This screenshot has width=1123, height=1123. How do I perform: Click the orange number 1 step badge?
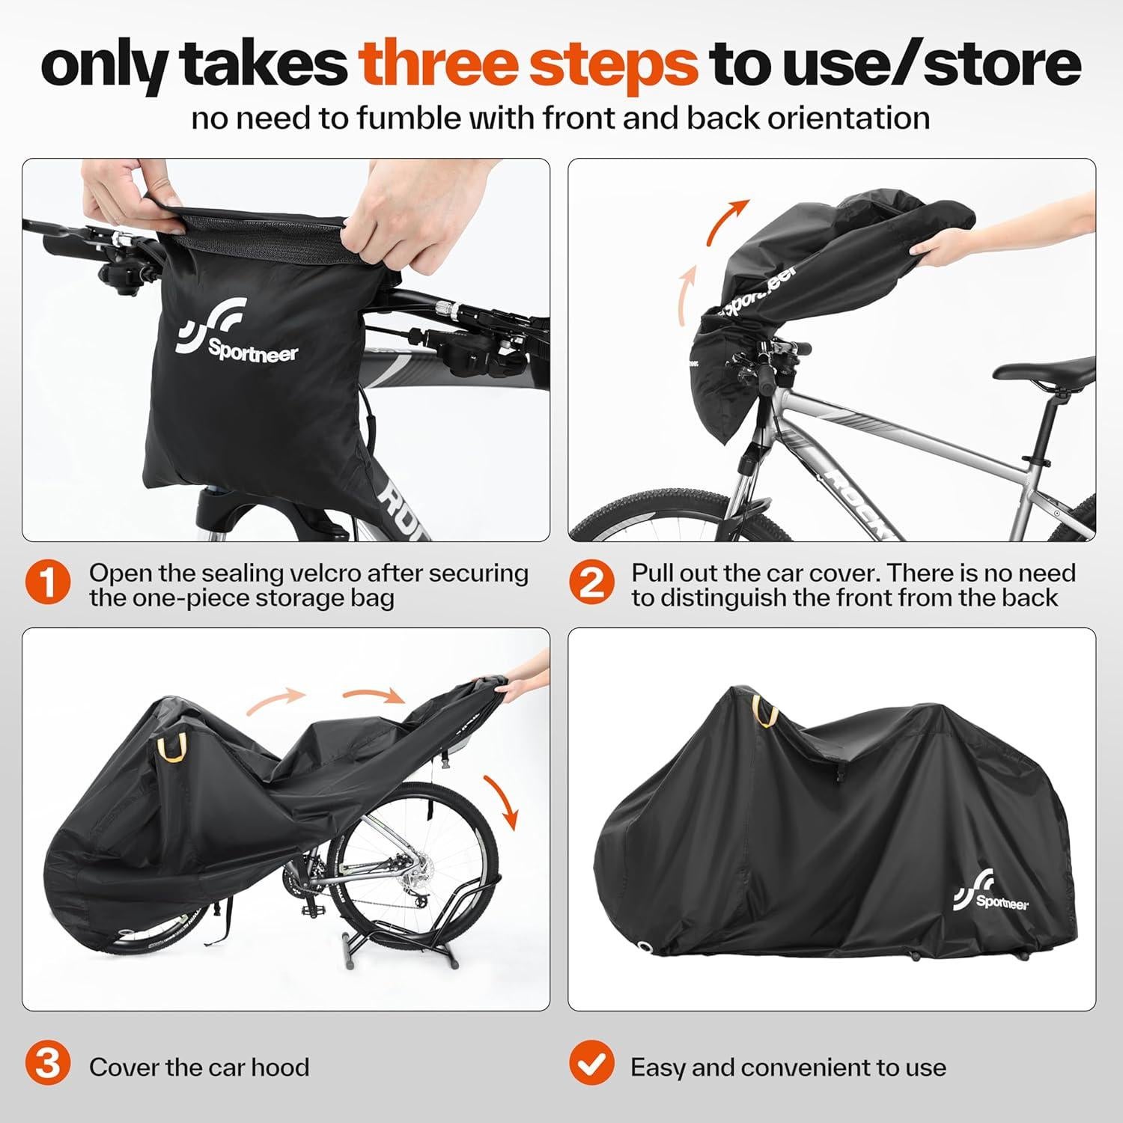coord(48,585)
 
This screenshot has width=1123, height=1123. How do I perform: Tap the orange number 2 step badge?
coord(591,585)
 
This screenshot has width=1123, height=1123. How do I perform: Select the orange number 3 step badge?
coord(48,1066)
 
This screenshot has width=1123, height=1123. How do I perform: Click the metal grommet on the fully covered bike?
coord(645,949)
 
